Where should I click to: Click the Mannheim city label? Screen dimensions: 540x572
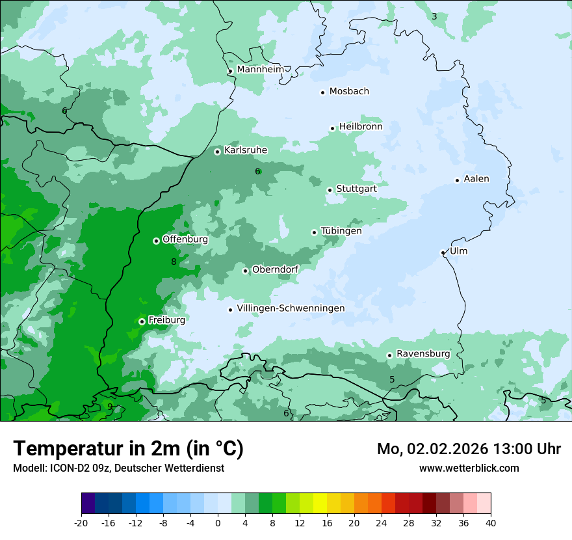point(260,70)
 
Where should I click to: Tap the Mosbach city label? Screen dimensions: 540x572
point(349,92)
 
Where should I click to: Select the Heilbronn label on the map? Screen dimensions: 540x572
point(361,127)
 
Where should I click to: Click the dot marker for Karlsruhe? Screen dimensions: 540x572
point(218,152)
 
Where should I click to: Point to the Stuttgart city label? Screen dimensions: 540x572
point(356,189)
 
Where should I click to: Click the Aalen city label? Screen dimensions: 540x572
point(476,179)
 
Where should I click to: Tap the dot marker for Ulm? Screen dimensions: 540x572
point(443,252)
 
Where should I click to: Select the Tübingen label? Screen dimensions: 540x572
point(341,231)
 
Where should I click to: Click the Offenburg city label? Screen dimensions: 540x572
point(185,239)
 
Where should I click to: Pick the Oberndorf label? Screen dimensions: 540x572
point(276,269)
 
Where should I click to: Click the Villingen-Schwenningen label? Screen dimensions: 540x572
point(291,308)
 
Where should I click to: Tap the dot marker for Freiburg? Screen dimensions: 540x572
point(142,321)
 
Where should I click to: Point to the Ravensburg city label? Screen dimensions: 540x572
point(423,354)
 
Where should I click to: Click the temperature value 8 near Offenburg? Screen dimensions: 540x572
point(174,262)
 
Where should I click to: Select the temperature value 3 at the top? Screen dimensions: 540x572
point(434,16)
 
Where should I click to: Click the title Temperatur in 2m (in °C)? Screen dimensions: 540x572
point(129,448)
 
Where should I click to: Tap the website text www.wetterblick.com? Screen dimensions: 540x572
point(469,468)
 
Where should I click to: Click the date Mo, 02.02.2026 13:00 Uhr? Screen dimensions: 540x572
point(469,449)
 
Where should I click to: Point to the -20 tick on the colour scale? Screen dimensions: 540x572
point(81,522)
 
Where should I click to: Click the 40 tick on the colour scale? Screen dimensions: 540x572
point(491,522)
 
